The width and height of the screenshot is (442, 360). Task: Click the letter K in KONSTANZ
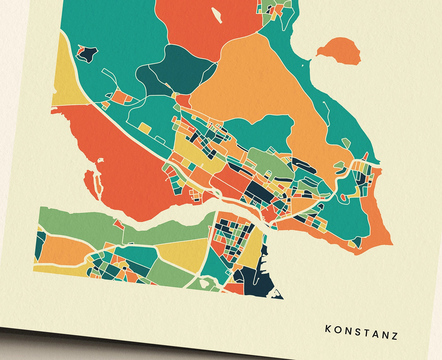pyautogui.click(x=328, y=329)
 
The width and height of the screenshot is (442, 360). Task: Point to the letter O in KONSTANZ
pyautogui.click(x=337, y=330)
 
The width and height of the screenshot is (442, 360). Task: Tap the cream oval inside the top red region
pyautogui.click(x=217, y=14)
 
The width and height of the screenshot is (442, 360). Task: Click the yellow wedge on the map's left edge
pyautogui.click(x=65, y=79)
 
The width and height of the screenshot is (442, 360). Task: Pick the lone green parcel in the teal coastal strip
pyautogui.click(x=346, y=143)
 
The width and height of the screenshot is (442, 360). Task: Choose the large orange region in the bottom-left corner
pyautogui.click(x=61, y=249)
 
